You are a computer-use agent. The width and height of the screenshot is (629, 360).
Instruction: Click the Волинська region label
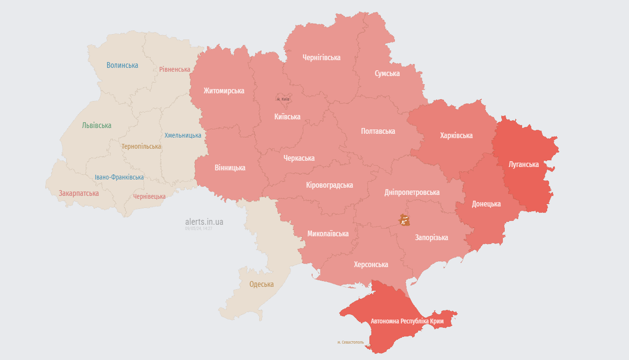click(x=122, y=65)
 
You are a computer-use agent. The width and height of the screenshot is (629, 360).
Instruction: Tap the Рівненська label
click(x=174, y=69)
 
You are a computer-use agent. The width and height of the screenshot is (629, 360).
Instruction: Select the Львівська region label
click(x=96, y=126)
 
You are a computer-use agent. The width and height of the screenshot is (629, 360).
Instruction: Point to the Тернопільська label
click(x=141, y=146)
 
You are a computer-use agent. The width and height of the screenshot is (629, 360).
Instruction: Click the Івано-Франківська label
click(x=119, y=177)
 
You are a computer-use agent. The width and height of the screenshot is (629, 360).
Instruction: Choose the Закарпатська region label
click(x=79, y=193)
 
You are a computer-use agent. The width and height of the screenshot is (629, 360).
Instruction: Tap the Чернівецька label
click(x=149, y=196)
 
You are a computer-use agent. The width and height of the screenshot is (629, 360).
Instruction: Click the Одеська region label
click(x=261, y=284)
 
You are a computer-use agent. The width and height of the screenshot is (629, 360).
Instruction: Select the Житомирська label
click(x=223, y=91)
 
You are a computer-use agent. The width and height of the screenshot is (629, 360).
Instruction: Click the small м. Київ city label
click(x=283, y=99)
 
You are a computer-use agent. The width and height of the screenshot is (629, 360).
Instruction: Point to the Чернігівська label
click(x=321, y=58)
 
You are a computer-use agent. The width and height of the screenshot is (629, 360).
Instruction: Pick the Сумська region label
click(x=387, y=74)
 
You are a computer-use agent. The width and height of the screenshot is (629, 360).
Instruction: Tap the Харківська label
click(x=456, y=136)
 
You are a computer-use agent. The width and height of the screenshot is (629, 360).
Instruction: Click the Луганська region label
click(x=524, y=165)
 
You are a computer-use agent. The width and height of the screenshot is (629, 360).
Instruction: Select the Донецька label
click(x=486, y=204)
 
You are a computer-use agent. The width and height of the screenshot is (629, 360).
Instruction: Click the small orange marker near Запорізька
click(x=405, y=220)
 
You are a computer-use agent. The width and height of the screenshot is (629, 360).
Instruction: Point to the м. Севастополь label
click(x=351, y=342)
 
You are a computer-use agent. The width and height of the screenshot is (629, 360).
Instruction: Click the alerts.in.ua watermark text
click(x=204, y=222)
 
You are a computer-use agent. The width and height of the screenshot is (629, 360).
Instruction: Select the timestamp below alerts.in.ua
click(x=198, y=229)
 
